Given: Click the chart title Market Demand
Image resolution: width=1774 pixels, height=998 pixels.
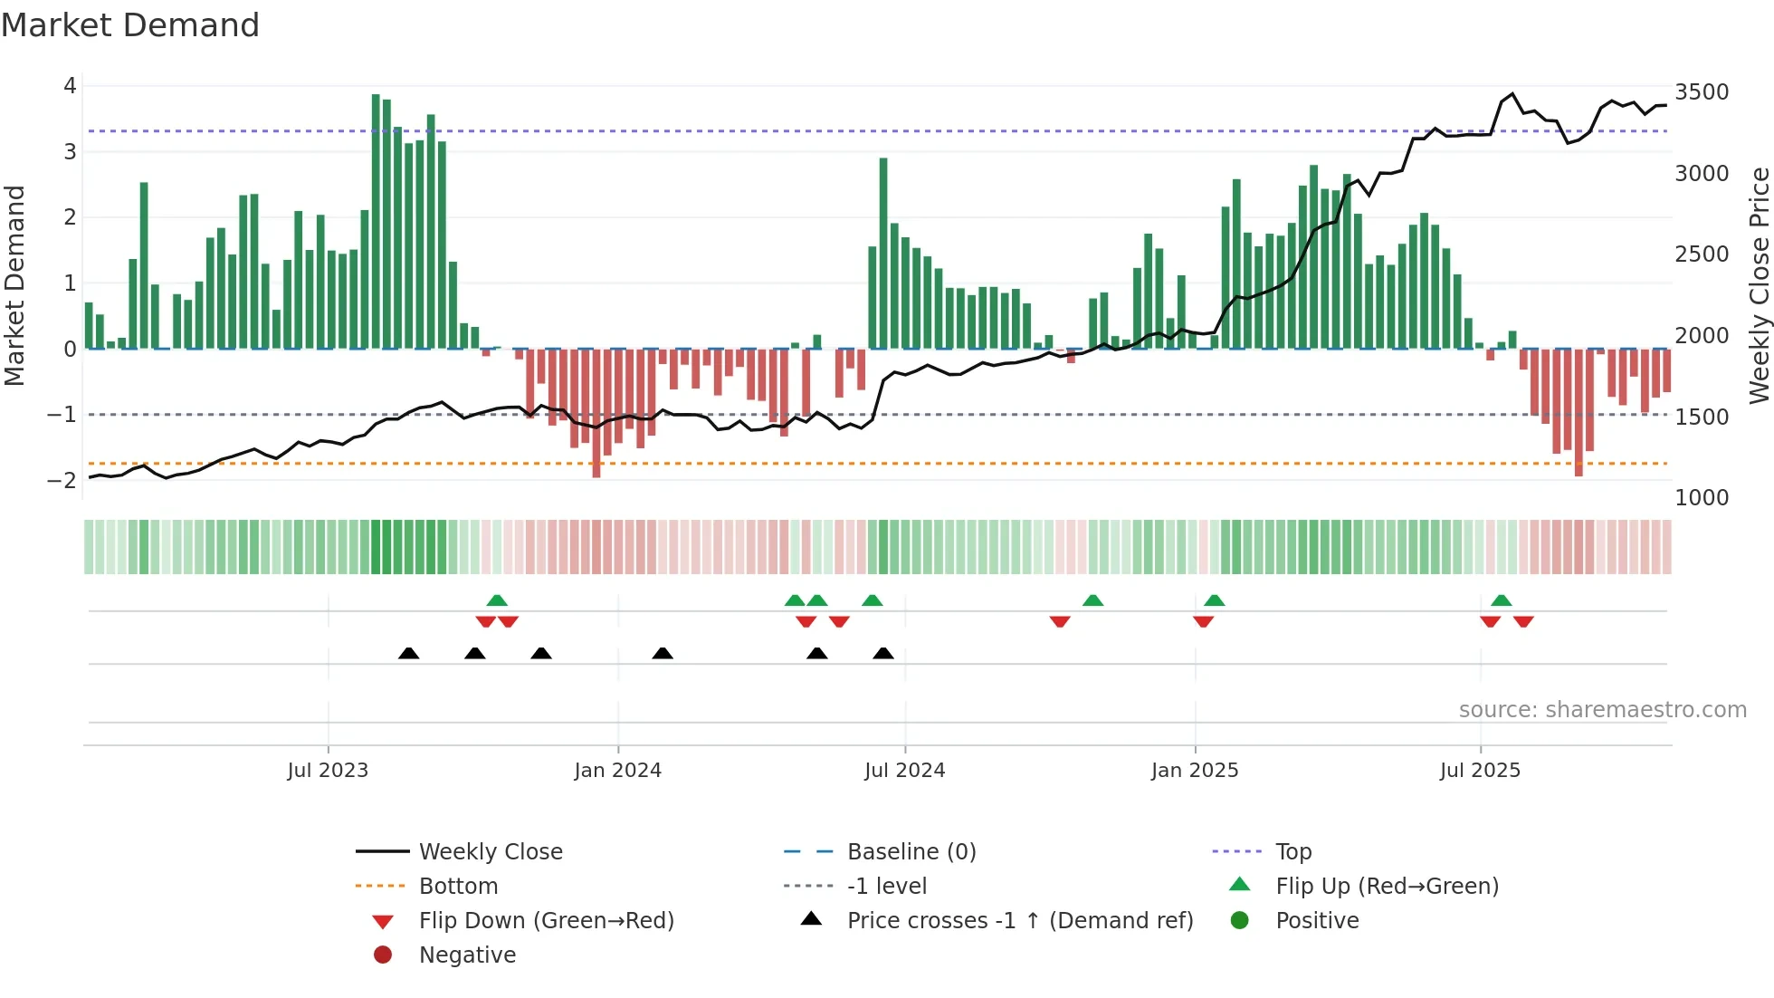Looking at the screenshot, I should tap(130, 25).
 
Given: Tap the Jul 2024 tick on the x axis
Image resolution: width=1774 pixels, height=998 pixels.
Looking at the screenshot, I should tap(904, 771).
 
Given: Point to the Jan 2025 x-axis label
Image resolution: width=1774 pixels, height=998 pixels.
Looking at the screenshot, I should tap(1195, 771).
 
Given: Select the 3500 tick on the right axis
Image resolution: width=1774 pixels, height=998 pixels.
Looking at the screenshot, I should tap(1702, 92).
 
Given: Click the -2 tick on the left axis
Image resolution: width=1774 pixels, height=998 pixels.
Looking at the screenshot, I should tap(62, 480).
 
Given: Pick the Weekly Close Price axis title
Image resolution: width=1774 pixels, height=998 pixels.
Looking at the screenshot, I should tap(1759, 285).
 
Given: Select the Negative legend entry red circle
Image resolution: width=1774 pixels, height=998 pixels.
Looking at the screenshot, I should tap(383, 955).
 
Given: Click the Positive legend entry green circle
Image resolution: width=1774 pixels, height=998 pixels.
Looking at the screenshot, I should tap(1240, 921).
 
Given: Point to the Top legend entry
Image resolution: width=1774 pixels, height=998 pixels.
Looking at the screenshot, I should tap(1292, 852).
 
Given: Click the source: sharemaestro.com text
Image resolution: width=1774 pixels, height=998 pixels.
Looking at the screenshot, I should tap(1602, 710).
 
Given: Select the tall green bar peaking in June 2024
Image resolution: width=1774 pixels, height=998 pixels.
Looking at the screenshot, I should tap(883, 254).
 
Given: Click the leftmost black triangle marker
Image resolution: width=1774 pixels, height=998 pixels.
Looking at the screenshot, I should tap(409, 654).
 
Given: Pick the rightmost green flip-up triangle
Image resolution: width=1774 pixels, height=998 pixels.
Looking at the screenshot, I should tap(1502, 600).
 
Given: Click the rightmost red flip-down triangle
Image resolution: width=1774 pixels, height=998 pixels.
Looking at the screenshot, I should tap(1523, 621).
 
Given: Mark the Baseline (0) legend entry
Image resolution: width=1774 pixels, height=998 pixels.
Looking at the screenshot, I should tap(911, 852).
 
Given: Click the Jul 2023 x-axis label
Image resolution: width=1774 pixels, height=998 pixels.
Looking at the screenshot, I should tap(328, 771).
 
